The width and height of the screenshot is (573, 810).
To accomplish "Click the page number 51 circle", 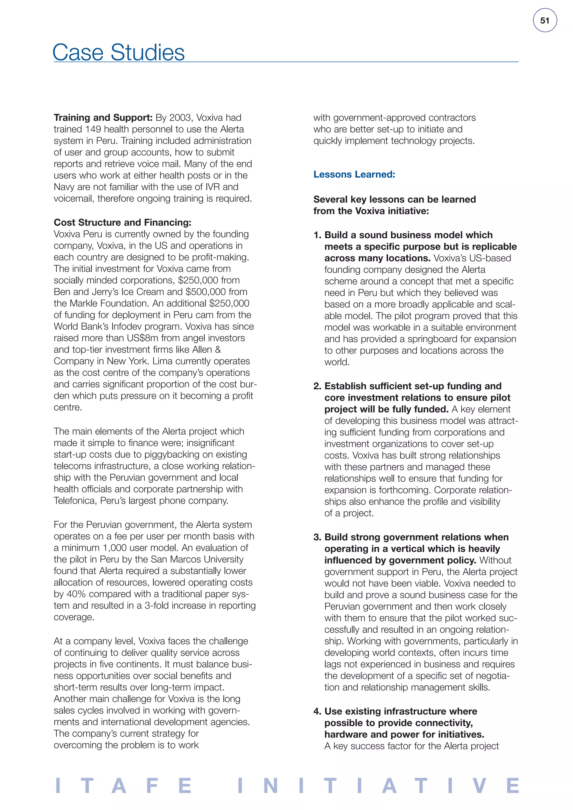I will coord(544,21).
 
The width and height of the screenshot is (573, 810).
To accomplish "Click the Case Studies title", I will coord(119,53).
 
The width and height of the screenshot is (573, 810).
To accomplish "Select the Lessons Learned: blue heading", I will coord(354,174).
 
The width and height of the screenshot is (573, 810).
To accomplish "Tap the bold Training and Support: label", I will coord(103,117).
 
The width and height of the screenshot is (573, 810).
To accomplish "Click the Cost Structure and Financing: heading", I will coord(123,222).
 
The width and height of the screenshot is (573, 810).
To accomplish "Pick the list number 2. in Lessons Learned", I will coord(317,386).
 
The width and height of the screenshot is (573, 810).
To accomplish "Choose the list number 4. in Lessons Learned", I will coord(317,711).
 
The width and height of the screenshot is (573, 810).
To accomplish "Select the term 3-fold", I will coord(158,605).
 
